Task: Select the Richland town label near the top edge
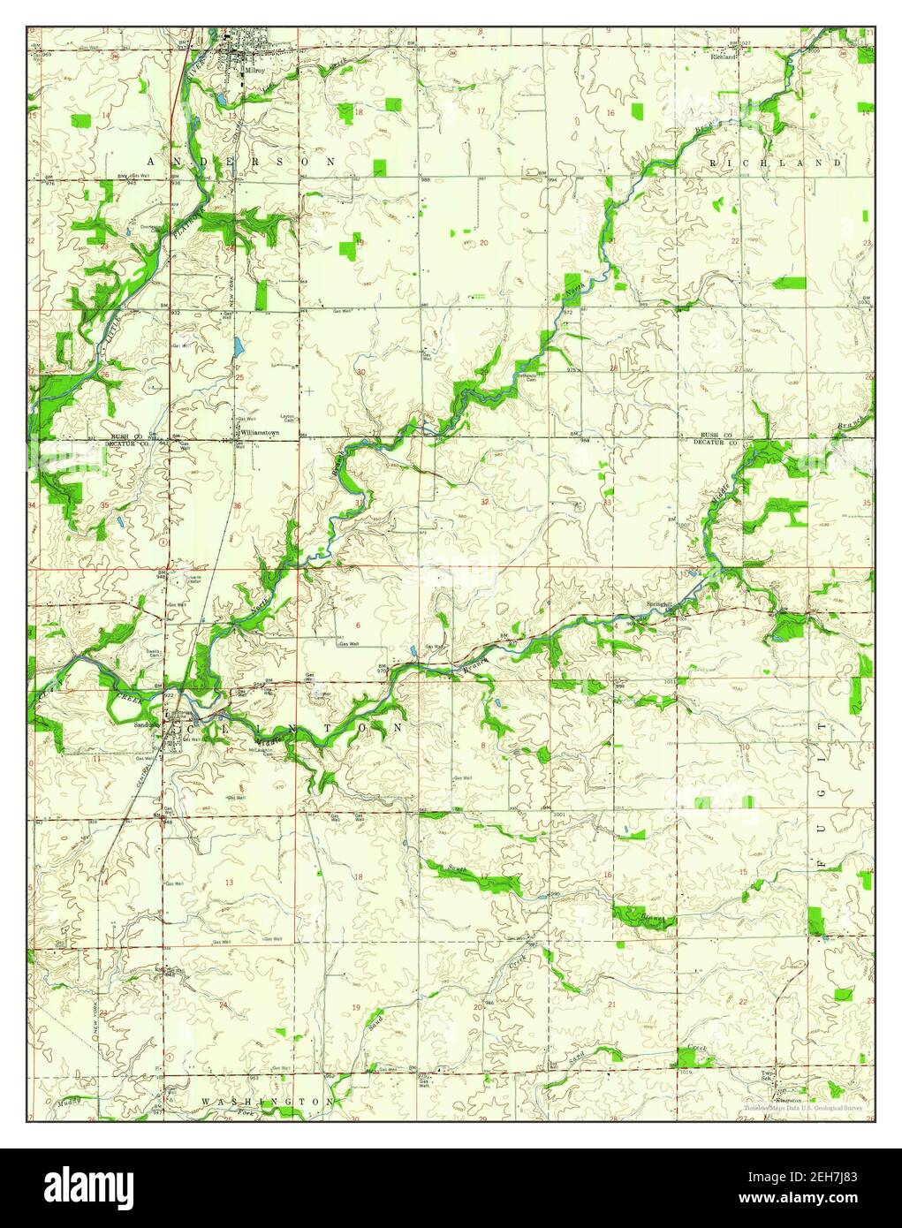[723, 57]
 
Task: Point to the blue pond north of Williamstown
[237, 347]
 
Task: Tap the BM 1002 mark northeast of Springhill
[676, 522]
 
